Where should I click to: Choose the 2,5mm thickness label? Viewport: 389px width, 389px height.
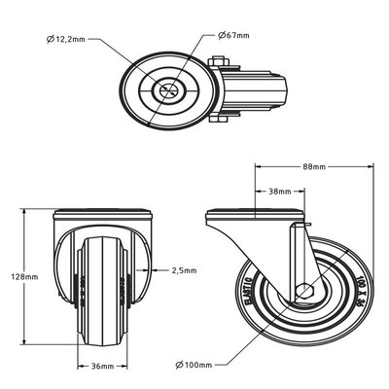(184, 269)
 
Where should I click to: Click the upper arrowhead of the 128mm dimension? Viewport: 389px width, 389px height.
(51, 213)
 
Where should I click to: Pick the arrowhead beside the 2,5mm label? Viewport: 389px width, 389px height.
(156, 269)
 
